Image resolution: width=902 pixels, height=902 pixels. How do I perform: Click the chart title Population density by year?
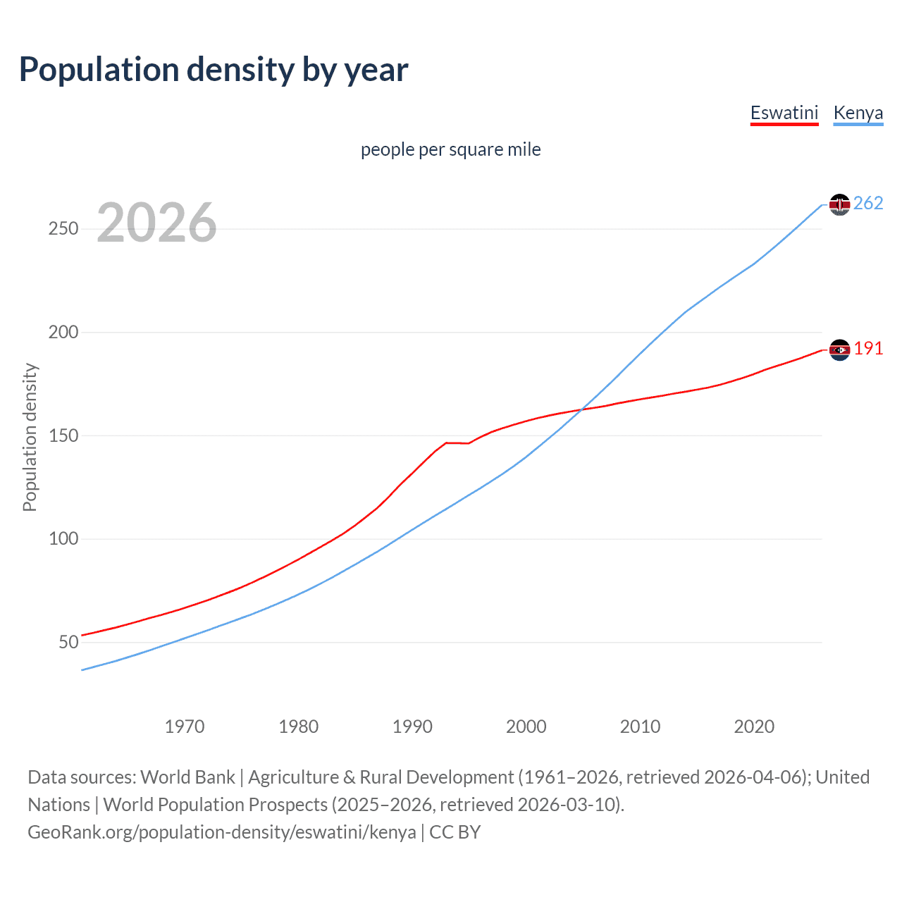[214, 70]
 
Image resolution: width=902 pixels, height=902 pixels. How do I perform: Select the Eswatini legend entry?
[784, 113]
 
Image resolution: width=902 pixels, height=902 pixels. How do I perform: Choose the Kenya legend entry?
[858, 113]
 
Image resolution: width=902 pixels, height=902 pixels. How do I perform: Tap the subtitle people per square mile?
[450, 149]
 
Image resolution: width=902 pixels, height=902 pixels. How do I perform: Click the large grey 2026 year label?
[156, 223]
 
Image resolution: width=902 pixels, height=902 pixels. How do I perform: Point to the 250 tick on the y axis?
[63, 229]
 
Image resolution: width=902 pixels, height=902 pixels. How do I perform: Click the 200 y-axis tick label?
[63, 332]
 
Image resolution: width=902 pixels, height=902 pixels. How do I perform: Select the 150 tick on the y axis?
[63, 435]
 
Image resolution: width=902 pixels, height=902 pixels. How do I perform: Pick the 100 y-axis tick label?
[63, 539]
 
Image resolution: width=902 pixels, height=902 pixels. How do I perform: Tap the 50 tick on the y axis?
[68, 642]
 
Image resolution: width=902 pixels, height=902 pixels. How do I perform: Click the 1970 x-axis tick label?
[185, 727]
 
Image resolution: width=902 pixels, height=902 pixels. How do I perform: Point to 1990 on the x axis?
[412, 727]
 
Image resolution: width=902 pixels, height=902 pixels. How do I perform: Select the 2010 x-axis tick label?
[640, 727]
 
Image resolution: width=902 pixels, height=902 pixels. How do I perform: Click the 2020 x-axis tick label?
[754, 727]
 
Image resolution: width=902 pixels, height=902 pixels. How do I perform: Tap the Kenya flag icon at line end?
[839, 204]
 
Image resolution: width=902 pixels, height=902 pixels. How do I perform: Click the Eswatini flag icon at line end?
[839, 350]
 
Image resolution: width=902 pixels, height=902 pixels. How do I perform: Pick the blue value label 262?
[868, 204]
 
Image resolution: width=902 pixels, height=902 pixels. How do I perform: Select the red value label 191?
[868, 349]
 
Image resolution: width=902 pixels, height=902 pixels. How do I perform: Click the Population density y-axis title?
[30, 437]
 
